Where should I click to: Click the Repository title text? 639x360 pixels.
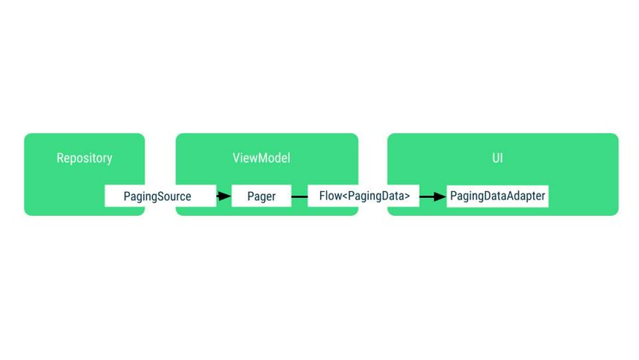tap(84, 158)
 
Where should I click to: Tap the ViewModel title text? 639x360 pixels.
tap(261, 158)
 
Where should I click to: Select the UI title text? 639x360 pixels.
tap(497, 158)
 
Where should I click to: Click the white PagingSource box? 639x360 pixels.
tap(158, 196)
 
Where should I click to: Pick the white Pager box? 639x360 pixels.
tap(261, 196)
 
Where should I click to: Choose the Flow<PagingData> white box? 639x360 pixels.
tap(364, 196)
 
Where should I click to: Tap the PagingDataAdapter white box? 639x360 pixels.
tap(498, 196)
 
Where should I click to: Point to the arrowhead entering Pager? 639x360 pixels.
tap(225, 196)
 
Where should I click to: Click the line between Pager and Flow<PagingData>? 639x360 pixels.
tap(299, 196)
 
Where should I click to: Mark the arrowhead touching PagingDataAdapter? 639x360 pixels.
tap(440, 196)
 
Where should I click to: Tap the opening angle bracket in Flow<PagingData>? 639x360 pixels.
tap(344, 197)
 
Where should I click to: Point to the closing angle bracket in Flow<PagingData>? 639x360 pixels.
tap(407, 197)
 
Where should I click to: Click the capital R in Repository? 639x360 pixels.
tap(60, 158)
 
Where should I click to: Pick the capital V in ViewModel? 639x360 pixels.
tap(237, 158)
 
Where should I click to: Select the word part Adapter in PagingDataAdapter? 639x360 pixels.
tap(526, 196)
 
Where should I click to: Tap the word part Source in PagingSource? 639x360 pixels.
tap(175, 196)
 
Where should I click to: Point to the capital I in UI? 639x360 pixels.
tap(502, 158)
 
